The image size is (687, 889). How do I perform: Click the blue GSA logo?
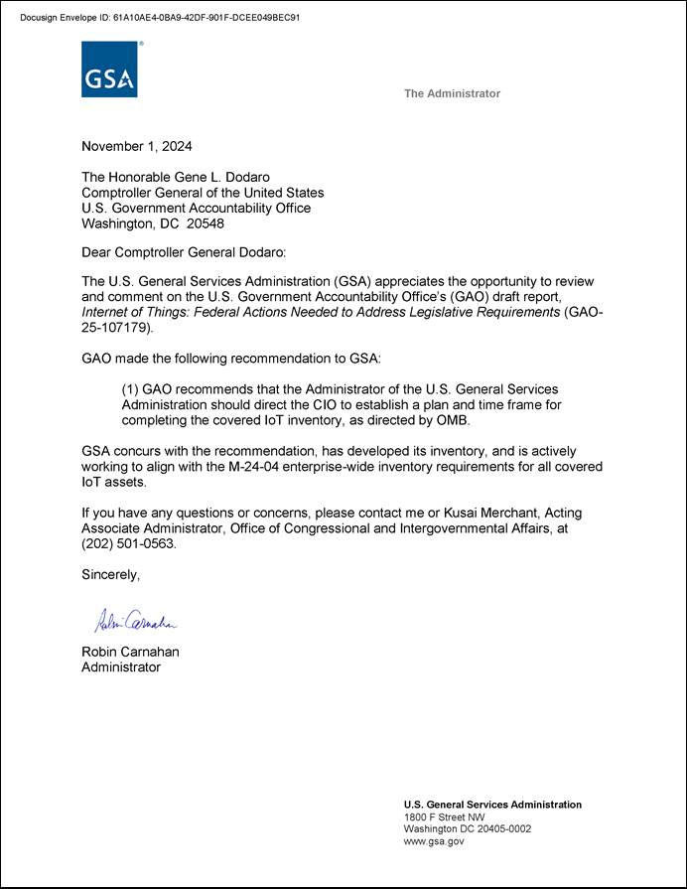(109, 70)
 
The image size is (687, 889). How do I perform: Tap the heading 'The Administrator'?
(452, 93)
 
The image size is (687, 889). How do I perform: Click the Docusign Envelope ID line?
(160, 18)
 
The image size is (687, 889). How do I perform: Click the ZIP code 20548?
(205, 224)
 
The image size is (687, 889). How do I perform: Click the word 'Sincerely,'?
(111, 575)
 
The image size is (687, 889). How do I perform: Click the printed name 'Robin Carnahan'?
(130, 653)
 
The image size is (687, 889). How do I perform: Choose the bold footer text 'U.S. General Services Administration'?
(492, 805)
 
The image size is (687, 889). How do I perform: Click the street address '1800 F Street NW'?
(444, 816)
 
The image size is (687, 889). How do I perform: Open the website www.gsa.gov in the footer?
(434, 841)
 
